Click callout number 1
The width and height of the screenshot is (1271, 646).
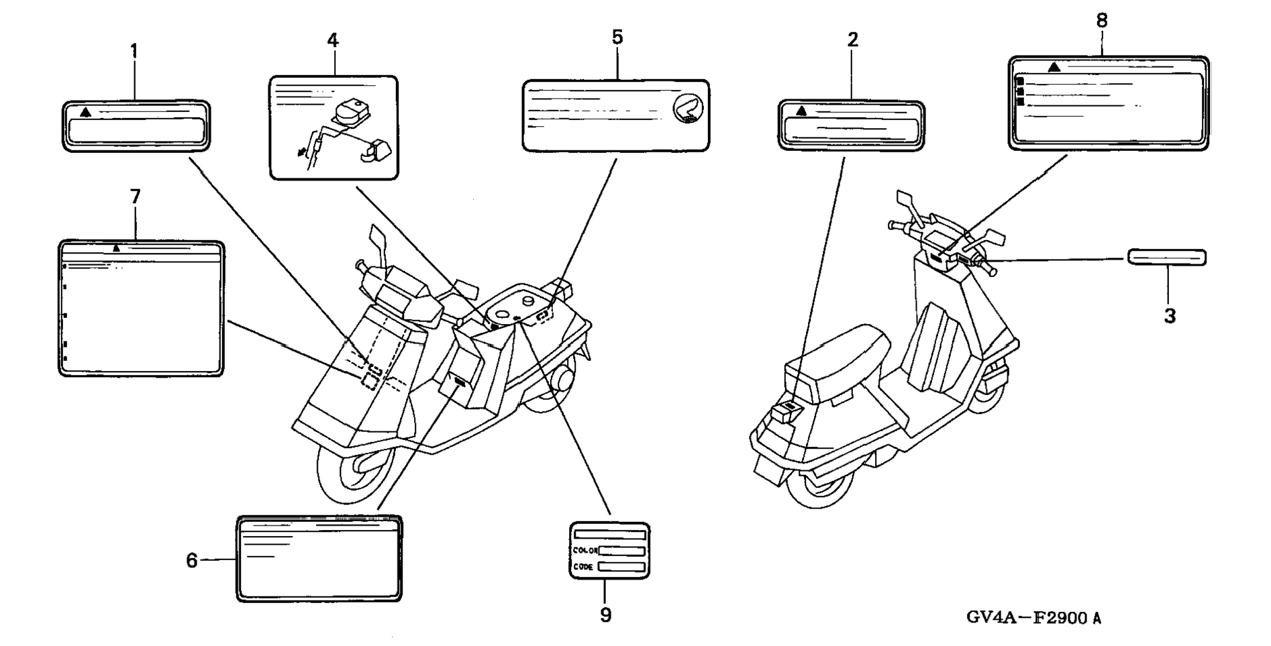pyautogui.click(x=134, y=50)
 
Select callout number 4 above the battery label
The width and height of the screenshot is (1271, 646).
pyautogui.click(x=333, y=40)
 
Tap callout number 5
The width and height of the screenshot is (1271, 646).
pyautogui.click(x=617, y=37)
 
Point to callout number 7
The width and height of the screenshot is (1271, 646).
pyautogui.click(x=135, y=197)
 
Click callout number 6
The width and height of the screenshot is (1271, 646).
pyautogui.click(x=192, y=560)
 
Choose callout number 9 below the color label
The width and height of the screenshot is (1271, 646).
pyautogui.click(x=606, y=615)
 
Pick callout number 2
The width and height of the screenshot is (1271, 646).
pyautogui.click(x=852, y=40)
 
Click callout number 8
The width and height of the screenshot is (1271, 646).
pyautogui.click(x=1102, y=21)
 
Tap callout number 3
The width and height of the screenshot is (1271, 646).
pyautogui.click(x=1170, y=316)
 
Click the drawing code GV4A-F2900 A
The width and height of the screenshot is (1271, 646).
pyautogui.click(x=1033, y=618)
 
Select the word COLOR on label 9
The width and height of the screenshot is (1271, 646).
pyautogui.click(x=585, y=551)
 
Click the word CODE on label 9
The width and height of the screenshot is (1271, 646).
pyautogui.click(x=583, y=567)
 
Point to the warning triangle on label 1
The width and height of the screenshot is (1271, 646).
pyautogui.click(x=85, y=111)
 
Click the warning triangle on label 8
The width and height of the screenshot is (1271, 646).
pyautogui.click(x=1054, y=66)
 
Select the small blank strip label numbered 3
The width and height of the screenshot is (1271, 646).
pyautogui.click(x=1167, y=258)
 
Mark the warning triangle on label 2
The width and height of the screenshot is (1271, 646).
pyautogui.click(x=801, y=111)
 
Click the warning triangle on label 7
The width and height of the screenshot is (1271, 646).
pyautogui.click(x=117, y=248)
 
